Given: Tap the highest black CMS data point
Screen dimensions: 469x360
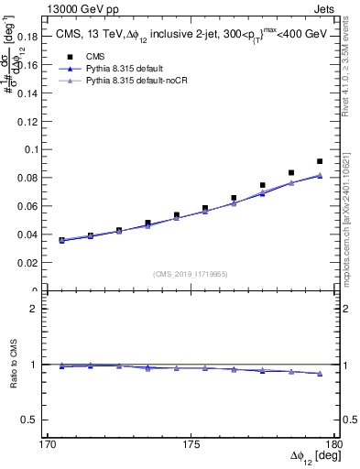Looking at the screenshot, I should click(320, 161).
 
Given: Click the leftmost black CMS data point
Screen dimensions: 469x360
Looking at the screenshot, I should click(61, 240).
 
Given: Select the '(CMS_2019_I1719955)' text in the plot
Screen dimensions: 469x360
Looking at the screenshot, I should click(191, 273).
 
